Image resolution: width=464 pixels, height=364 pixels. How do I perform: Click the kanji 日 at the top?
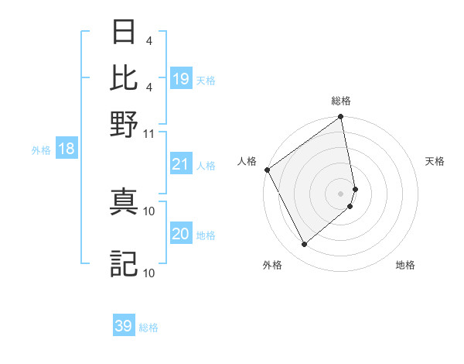pos(125,33)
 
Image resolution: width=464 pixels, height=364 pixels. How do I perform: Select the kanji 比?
pos(125,77)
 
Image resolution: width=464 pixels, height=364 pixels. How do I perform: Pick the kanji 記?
pos(125,263)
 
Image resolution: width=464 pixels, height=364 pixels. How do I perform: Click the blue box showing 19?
pos(181,79)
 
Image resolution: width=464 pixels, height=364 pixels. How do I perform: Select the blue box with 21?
pos(181,164)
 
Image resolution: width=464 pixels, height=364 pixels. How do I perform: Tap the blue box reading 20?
pos(181,234)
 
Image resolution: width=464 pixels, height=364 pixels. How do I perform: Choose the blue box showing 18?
pos(67,149)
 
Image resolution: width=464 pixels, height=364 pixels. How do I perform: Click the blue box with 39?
pos(124,326)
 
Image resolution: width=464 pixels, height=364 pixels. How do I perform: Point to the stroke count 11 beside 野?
pos(149,133)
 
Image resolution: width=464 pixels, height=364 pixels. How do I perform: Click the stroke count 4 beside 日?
pos(148,41)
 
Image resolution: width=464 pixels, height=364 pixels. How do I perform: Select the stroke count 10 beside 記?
pos(149,273)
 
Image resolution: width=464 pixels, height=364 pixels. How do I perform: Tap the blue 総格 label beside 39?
pos(149,328)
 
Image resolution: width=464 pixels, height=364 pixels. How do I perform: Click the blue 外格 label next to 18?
pos(41,150)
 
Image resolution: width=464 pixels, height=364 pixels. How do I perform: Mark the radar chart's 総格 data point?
pos(341,118)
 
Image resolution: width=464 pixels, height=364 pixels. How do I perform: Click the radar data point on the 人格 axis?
pos(267,170)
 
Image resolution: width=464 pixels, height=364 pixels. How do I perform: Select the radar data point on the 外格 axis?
pos(304,245)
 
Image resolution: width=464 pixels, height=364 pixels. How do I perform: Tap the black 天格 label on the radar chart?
pos(435,161)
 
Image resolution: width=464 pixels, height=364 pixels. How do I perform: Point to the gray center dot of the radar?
pos(341,192)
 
